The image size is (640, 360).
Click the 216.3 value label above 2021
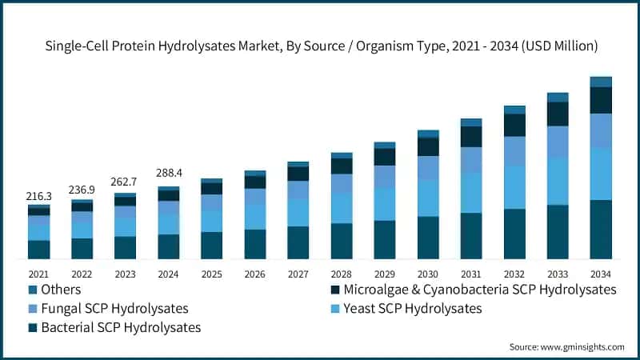pos(39,195)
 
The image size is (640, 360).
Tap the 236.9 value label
pos(82,190)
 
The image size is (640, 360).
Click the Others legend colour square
pos(34,290)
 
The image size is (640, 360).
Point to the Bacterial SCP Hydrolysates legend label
pos(121,327)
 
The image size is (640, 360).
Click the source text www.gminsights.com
pos(566,347)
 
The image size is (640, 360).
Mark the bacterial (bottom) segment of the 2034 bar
pos(601,230)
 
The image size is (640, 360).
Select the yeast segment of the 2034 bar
pos(601,174)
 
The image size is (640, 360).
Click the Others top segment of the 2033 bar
pos(558,98)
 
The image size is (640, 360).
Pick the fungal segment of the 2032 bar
pos(514,151)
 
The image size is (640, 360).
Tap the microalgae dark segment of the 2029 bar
pos(385,157)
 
